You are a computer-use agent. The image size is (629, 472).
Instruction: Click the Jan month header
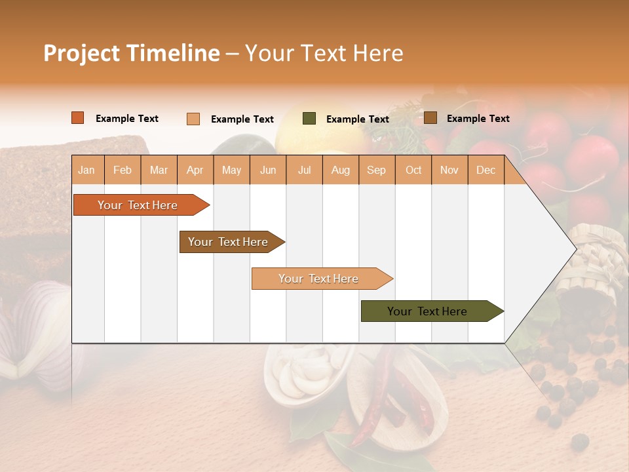tap(86, 170)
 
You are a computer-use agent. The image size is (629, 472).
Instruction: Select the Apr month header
tap(195, 170)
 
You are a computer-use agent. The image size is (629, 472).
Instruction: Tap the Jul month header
tap(304, 170)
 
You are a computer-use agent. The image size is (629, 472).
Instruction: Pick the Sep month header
tap(376, 170)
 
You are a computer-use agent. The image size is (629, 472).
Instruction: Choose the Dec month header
tap(486, 170)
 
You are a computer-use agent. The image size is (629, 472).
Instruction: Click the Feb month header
tap(123, 170)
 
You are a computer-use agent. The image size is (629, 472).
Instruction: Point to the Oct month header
tap(413, 170)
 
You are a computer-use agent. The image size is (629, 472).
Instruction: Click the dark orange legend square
tap(78, 118)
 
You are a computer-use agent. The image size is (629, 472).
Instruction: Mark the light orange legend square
tap(193, 119)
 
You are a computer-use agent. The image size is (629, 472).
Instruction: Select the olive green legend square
tap(309, 119)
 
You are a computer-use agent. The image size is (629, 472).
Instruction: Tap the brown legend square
tap(430, 118)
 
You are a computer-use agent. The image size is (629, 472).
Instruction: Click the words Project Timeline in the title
tap(131, 53)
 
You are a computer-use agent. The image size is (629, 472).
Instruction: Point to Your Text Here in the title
tap(324, 53)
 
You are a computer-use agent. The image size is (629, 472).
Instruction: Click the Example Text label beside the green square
tap(357, 119)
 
